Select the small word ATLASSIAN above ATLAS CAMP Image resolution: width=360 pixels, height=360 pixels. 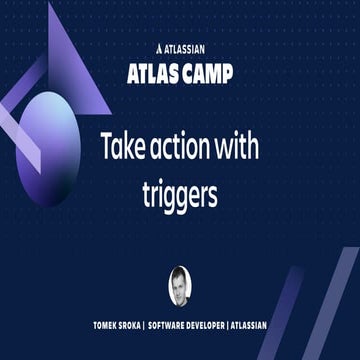tap(185, 46)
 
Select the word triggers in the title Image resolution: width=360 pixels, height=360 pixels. tap(180, 194)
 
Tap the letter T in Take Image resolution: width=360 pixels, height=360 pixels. tap(106, 148)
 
